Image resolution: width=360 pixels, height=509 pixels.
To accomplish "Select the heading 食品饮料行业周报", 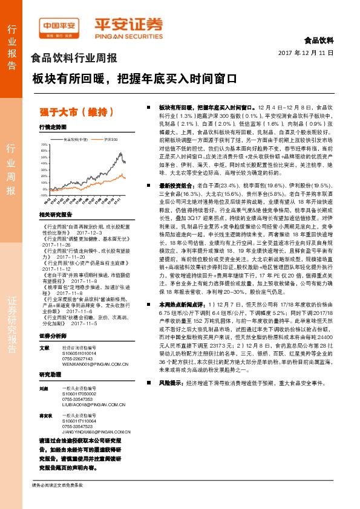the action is pyautogui.click(x=74, y=59).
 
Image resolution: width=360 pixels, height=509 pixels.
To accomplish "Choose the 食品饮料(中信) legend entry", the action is pyautogui.click(x=76, y=139).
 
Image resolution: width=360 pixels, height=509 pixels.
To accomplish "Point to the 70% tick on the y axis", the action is pyautogui.click(x=44, y=146).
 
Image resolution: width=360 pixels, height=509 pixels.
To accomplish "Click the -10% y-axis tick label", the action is pyautogui.click(x=44, y=196).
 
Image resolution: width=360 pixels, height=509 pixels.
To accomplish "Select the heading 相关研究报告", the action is pyautogui.click(x=55, y=215).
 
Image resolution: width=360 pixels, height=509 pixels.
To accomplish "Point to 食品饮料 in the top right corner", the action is pyautogui.click(x=318, y=41).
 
